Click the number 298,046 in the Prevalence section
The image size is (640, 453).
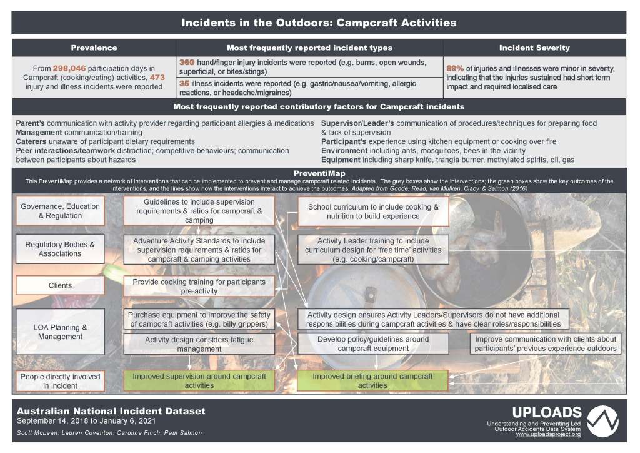coord(74,68)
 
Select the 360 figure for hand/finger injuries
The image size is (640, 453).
coord(187,63)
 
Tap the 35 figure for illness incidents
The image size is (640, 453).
coord(184,83)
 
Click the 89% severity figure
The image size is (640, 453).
coord(455,68)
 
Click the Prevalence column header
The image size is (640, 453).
coord(94,48)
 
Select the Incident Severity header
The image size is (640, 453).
coord(534,48)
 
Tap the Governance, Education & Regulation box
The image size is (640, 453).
coord(60,211)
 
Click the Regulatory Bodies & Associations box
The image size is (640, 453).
coord(60,249)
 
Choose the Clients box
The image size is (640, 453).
coord(60,285)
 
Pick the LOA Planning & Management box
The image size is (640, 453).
coord(60,332)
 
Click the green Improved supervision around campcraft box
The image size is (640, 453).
coord(199,381)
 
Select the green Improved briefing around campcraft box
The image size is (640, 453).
coord(372,381)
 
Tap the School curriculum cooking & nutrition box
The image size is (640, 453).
coord(373,211)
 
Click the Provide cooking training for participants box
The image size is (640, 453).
coord(199,286)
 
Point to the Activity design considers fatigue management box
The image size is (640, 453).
coord(199,344)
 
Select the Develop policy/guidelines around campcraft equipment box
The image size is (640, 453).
coord(373,344)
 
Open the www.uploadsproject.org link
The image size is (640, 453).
coord(549,435)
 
